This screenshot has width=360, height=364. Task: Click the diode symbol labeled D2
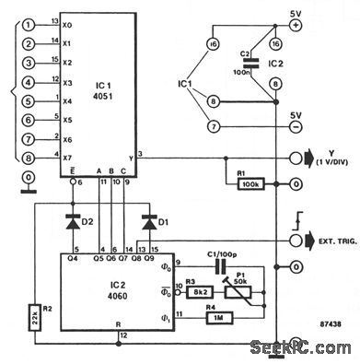(72, 220)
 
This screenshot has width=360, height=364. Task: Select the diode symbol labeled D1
(147, 220)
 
